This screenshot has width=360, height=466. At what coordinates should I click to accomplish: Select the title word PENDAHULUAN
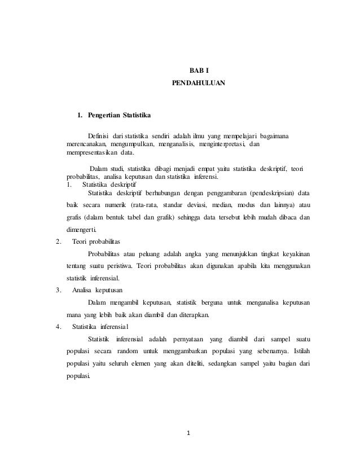[198, 83]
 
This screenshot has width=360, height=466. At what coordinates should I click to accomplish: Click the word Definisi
[99, 137]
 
